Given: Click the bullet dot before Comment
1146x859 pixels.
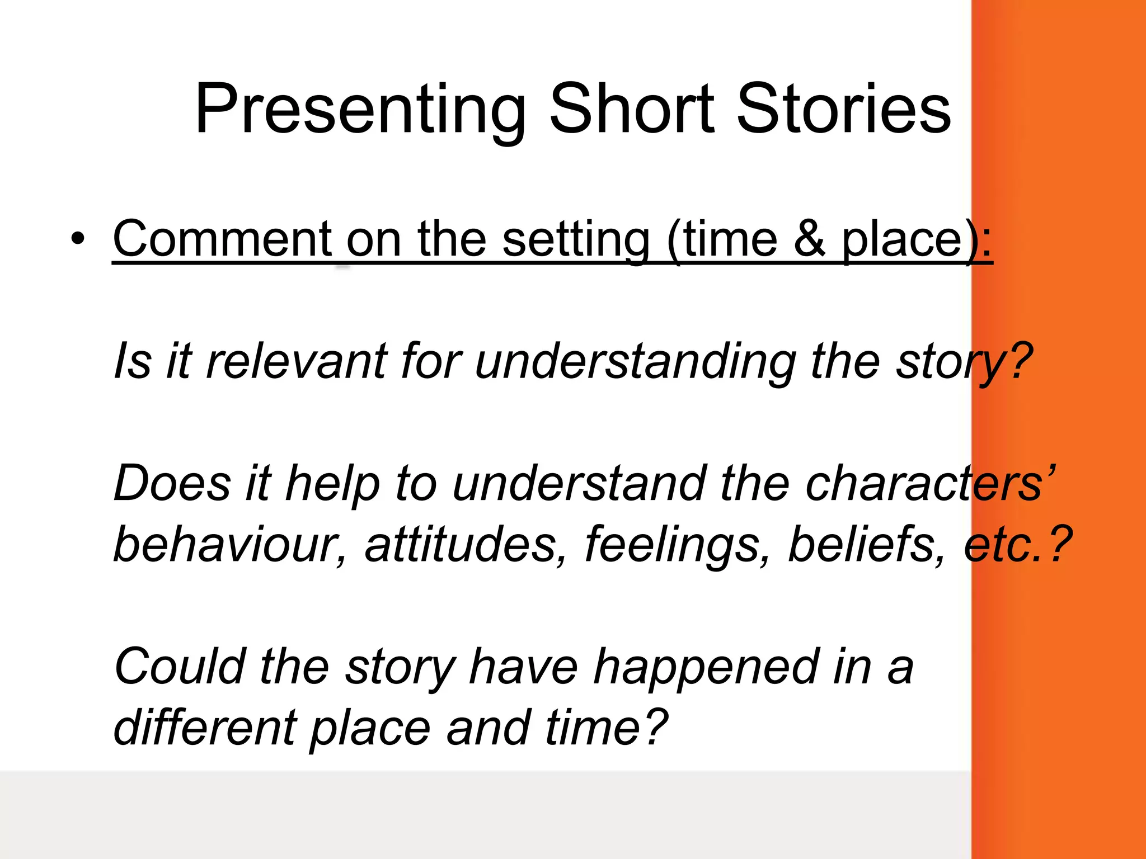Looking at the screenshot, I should tap(78, 239).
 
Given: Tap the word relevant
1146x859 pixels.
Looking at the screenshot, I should tap(297, 361).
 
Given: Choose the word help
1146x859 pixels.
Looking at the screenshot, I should tap(333, 484).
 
